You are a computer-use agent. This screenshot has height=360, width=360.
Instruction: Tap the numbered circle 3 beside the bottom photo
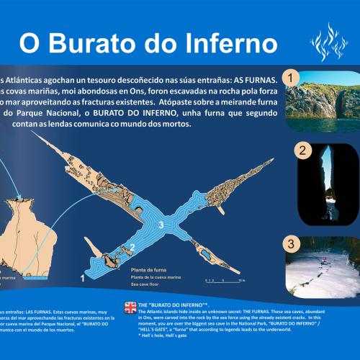point(289,242)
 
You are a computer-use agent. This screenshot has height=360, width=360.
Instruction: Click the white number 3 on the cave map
point(161,226)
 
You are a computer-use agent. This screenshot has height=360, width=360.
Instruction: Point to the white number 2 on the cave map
point(131,248)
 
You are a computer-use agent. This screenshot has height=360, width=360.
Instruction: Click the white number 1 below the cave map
point(84,276)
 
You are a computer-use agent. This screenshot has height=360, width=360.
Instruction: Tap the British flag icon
point(130,307)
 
